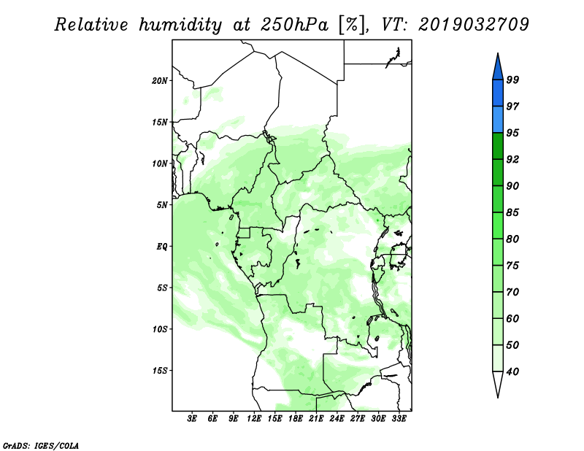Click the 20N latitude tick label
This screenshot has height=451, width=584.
point(160,80)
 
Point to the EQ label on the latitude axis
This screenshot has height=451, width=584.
point(162,247)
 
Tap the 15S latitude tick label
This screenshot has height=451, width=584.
point(160,371)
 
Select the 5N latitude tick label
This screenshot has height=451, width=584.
point(162,205)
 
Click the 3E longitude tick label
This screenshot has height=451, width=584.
point(192,418)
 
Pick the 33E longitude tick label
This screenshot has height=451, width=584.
point(399,418)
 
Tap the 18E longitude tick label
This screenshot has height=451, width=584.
point(296,418)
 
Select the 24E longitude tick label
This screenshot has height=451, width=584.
point(337,418)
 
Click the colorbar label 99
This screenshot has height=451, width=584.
point(512,80)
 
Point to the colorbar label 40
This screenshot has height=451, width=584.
point(512,371)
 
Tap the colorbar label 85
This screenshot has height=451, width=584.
point(512,212)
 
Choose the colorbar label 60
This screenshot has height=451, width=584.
point(512,318)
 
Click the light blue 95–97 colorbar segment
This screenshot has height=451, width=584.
point(498,120)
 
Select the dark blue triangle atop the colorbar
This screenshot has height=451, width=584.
point(498,67)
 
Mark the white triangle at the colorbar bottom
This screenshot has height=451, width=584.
point(498,384)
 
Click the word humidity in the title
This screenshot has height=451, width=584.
point(180,25)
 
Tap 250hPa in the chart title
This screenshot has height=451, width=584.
point(295,25)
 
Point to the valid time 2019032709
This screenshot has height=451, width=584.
point(473,25)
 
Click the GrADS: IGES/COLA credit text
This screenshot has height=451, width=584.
point(41,445)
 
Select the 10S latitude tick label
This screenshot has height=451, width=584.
point(160,329)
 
